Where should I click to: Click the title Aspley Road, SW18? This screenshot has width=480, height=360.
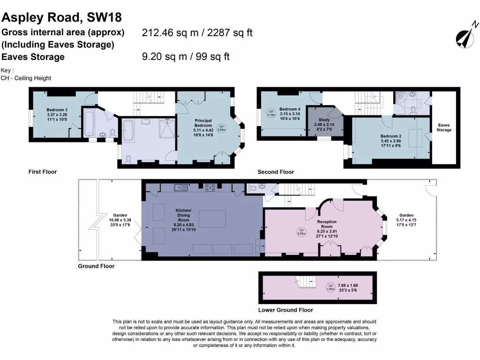pyautogui.click(x=62, y=17)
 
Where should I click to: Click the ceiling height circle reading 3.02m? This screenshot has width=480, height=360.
pyautogui.click(x=302, y=232)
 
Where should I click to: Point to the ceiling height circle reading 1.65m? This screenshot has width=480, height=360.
pyautogui.click(x=330, y=287)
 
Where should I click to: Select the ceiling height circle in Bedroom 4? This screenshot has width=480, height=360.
pyautogui.click(x=271, y=113)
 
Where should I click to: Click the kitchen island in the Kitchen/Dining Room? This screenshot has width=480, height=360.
pyautogui.click(x=214, y=218)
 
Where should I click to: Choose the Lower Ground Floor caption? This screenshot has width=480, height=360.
pyautogui.click(x=285, y=310)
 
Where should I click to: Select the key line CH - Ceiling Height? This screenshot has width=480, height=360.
pyautogui.click(x=26, y=78)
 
